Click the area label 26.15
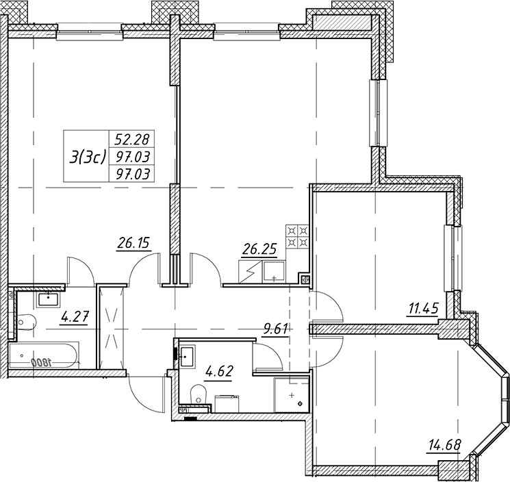133,243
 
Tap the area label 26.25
259,249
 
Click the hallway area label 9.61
275,329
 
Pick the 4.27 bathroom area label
75,316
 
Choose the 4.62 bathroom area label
219,371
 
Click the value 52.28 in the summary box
131,140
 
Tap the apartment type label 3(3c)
86,157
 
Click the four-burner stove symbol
297,236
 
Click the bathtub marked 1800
44,355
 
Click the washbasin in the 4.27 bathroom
49,299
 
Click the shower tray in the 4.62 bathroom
291,395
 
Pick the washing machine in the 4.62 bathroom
227,404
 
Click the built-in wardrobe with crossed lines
112,327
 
